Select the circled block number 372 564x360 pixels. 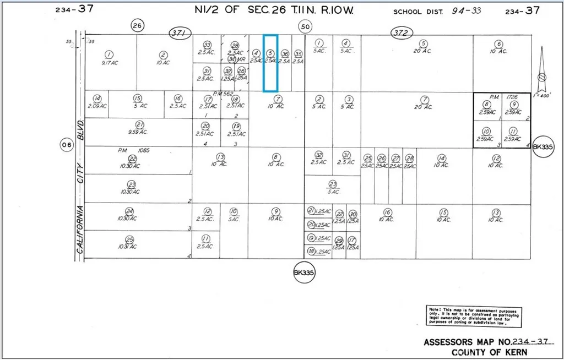click(x=401, y=34)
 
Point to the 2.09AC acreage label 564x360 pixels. click(x=97, y=106)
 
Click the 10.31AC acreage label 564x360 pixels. click(x=129, y=246)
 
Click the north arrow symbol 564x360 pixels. click(x=541, y=69)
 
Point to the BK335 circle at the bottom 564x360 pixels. click(x=304, y=272)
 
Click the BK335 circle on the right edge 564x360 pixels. click(x=543, y=148)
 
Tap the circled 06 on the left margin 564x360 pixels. click(x=67, y=145)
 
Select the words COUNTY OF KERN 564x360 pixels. click(x=489, y=352)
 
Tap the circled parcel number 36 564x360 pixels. click(x=285, y=54)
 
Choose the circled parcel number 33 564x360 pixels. click(x=207, y=45)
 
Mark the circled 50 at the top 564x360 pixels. click(x=305, y=26)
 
